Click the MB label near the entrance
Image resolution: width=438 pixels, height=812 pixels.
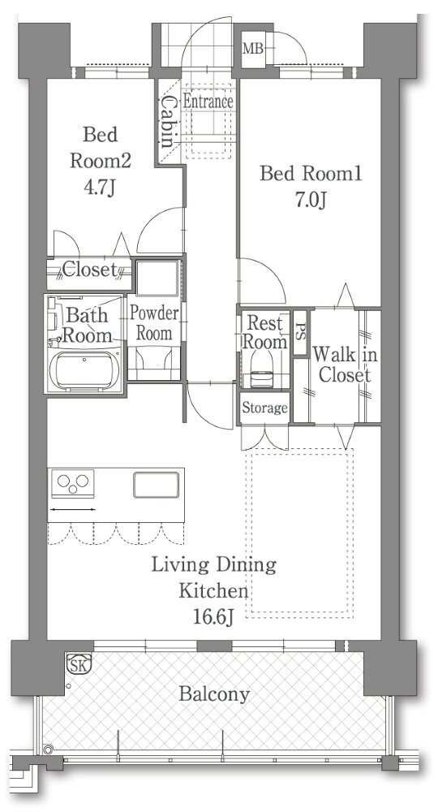(253, 49)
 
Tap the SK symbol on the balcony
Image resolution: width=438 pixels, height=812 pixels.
(79, 663)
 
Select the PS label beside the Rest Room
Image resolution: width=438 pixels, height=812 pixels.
(300, 332)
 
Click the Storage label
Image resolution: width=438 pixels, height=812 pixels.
(264, 408)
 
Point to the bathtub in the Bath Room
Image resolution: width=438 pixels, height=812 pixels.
(84, 370)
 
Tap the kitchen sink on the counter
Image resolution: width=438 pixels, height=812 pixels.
(157, 486)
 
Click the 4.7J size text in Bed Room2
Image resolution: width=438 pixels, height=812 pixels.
(99, 188)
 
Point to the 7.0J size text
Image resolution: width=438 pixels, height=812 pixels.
(310, 200)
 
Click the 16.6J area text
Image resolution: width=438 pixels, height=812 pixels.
(213, 617)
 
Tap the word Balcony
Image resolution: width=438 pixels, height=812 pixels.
(214, 694)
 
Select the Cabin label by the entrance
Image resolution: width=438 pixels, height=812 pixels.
(167, 123)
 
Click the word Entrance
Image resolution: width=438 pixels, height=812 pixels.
(208, 101)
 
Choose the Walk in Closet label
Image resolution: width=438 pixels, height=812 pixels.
(345, 365)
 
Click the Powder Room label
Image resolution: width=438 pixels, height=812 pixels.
(153, 324)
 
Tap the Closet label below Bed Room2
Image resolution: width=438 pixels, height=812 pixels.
(90, 270)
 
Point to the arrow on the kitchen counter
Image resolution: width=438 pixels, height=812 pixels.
(72, 510)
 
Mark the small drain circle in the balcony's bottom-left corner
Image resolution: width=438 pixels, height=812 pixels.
(48, 749)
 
